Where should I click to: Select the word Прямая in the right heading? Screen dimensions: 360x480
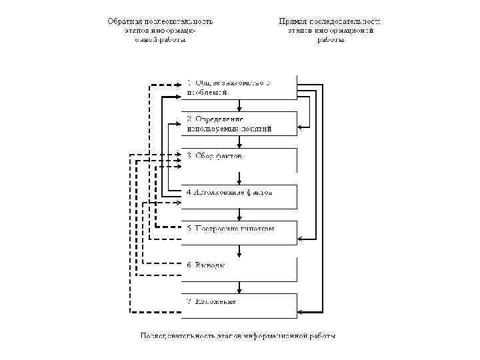(x=293, y=21)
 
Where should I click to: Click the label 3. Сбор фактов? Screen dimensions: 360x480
(x=215, y=156)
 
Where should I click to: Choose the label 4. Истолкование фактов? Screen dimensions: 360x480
(x=230, y=192)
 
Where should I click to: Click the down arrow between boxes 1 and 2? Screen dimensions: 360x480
(x=239, y=106)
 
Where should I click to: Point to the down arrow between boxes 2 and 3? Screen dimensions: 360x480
(x=239, y=142)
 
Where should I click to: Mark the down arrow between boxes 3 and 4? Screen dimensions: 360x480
(x=239, y=179)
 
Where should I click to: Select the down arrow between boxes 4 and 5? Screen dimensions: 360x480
(x=239, y=215)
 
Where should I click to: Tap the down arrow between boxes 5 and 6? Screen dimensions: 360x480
(x=239, y=251)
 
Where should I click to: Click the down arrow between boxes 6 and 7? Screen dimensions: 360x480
(x=239, y=288)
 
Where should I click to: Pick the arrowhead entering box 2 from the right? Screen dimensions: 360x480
(x=301, y=126)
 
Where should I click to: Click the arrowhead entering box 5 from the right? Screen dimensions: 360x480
(x=301, y=238)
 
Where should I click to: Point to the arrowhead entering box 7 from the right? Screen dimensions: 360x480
(x=301, y=311)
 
